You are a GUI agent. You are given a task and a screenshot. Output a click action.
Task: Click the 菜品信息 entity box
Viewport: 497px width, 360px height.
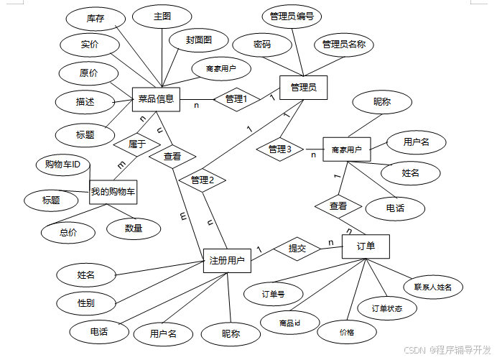[155, 99]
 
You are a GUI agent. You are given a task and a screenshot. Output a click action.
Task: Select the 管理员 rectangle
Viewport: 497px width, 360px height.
[303, 88]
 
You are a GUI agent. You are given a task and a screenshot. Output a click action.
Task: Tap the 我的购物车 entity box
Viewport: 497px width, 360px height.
[113, 192]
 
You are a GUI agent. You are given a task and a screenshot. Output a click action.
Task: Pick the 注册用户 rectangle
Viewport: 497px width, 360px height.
[227, 259]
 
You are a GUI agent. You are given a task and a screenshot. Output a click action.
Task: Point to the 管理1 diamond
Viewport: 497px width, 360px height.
[236, 99]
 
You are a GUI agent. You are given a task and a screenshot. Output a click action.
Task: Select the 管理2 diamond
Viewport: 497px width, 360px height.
[203, 180]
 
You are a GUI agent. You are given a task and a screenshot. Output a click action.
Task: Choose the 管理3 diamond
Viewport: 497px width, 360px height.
[279, 149]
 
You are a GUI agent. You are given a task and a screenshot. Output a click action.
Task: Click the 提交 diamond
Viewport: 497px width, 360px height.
[297, 249]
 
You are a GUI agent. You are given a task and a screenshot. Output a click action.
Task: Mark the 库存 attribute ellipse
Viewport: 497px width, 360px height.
[95, 19]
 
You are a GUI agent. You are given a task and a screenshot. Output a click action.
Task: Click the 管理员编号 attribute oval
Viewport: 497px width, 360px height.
[291, 16]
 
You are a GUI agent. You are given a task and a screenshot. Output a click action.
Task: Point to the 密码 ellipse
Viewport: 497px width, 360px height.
[262, 45]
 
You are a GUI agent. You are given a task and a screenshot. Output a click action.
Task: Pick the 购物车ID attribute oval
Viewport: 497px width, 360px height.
[62, 165]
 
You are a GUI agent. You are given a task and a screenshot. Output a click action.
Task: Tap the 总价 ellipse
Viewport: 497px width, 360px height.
[68, 231]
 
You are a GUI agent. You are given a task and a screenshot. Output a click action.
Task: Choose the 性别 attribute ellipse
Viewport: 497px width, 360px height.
[85, 303]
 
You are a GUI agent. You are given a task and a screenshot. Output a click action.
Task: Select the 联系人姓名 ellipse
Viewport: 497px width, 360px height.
[432, 287]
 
